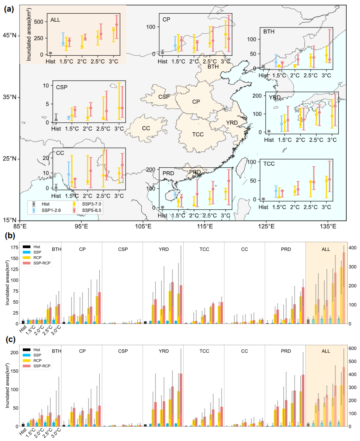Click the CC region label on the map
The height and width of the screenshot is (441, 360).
point(146,128)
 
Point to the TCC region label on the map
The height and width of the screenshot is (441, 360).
point(198,134)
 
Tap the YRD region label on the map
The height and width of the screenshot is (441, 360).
point(231,123)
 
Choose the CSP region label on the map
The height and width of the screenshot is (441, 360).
point(164,97)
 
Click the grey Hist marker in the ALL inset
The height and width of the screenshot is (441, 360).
point(51,53)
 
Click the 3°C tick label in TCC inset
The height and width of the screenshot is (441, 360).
point(326,207)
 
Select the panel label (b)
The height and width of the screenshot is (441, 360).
point(9,236)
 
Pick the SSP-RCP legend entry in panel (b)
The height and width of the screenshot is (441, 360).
point(40,263)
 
